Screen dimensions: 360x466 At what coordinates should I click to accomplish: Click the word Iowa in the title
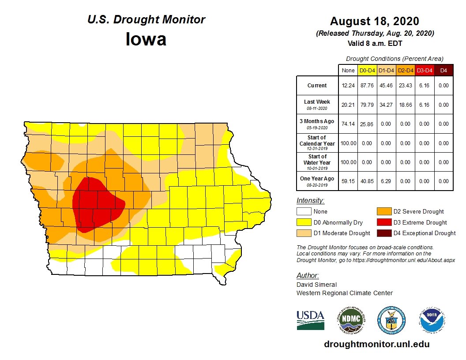146,40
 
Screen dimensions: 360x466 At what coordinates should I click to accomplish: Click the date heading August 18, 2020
375,21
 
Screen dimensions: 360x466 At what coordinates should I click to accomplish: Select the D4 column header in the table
443,70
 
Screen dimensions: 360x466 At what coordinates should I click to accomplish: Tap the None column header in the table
348,70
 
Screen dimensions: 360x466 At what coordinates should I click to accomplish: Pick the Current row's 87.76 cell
367,86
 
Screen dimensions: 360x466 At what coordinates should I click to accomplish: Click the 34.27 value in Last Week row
386,105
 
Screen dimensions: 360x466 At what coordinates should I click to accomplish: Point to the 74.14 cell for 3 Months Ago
348,124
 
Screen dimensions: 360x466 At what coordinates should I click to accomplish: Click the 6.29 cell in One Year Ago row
386,181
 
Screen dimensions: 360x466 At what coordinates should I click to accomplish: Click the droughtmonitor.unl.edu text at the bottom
376,344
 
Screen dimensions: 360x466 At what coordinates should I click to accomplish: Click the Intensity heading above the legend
310,201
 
